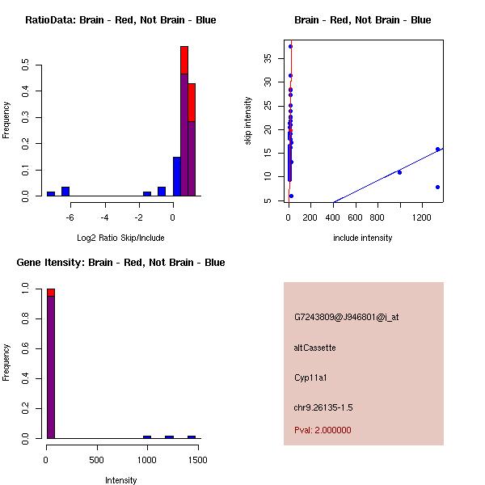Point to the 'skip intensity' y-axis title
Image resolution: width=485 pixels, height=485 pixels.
click(248, 121)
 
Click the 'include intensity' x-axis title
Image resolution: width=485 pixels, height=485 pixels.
click(362, 238)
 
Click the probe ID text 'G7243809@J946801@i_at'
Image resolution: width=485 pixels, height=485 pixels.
click(346, 317)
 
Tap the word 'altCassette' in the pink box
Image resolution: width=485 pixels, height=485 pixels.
click(314, 348)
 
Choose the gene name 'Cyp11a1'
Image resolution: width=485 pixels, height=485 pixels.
click(311, 377)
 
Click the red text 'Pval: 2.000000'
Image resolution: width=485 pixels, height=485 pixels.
click(323, 430)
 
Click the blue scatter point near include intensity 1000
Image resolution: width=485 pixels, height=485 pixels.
click(399, 172)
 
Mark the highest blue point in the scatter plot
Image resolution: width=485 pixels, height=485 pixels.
click(290, 47)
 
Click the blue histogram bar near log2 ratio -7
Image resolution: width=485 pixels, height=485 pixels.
click(51, 193)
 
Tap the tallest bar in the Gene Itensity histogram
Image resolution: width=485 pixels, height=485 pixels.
click(50, 364)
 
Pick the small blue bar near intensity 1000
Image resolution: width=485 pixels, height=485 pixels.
click(147, 436)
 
